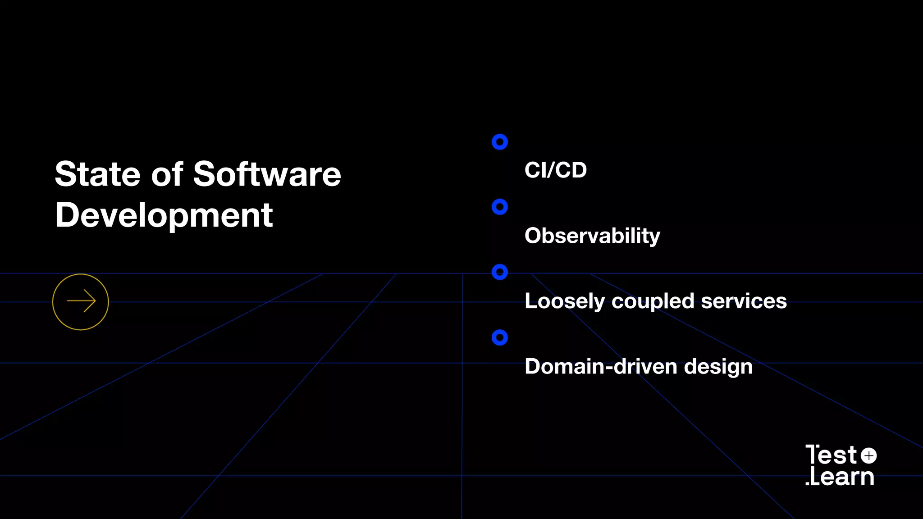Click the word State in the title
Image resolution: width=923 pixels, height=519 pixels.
point(98,174)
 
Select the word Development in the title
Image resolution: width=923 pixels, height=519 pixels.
point(164,215)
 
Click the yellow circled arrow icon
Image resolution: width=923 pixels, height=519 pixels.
point(81,302)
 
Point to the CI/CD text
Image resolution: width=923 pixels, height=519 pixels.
point(555,170)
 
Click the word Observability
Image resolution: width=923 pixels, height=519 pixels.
point(592,236)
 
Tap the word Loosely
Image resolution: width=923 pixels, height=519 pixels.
point(564,301)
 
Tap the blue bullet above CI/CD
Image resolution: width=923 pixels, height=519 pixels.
point(499,142)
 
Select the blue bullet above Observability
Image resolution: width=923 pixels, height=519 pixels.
point(499,207)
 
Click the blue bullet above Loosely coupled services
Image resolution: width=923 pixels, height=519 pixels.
point(499,272)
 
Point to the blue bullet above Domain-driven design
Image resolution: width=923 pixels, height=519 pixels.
point(499,337)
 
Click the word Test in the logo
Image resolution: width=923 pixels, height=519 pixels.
point(831,455)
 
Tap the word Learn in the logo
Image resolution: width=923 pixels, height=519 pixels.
point(842,477)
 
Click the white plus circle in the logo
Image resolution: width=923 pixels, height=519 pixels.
point(868,455)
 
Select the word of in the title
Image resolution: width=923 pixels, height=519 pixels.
point(167,174)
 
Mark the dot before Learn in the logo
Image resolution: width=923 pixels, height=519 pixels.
point(807,483)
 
